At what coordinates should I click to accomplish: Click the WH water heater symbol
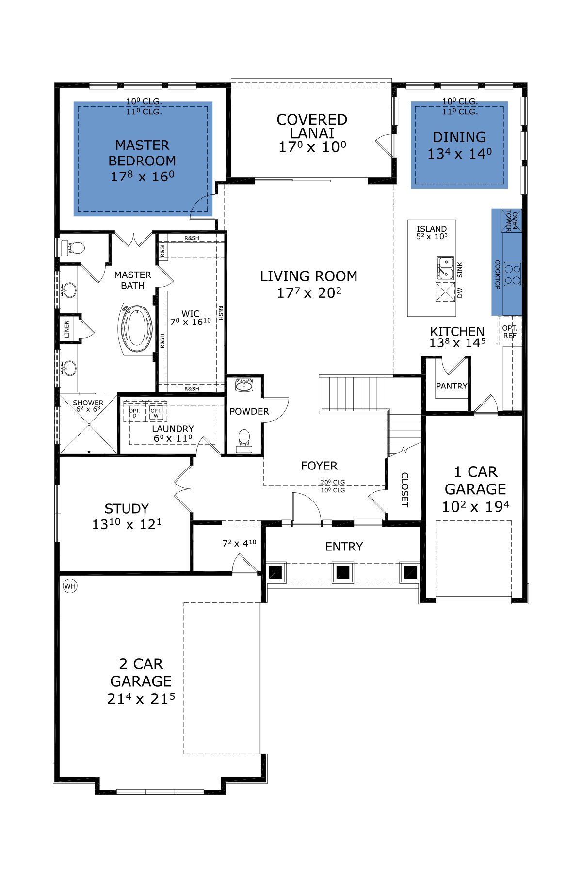70,586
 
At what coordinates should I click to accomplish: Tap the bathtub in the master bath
136,329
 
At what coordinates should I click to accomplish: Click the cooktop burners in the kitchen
512,274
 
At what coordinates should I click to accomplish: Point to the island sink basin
445,268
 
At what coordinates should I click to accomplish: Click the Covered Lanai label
312,126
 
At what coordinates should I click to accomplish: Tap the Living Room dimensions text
309,293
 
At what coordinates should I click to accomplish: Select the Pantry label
452,386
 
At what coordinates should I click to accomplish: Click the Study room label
127,509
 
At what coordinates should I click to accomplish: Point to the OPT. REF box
510,331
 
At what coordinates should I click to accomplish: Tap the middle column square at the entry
343,572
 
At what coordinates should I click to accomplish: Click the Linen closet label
67,329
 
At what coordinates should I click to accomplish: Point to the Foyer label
319,466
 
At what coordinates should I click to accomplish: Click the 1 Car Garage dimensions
475,507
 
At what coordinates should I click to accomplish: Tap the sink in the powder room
244,386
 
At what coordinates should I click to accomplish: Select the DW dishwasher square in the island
445,292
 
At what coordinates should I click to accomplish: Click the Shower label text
88,403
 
